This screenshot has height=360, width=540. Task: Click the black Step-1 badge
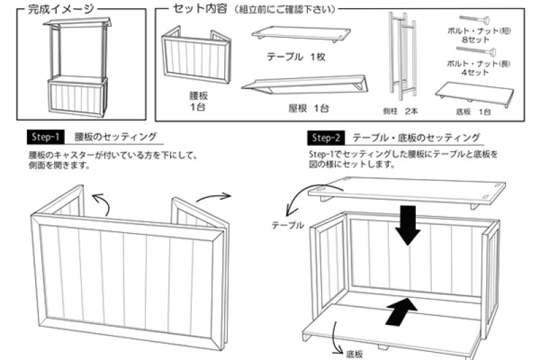point(45,136)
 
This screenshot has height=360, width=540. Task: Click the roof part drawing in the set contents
point(304,84)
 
